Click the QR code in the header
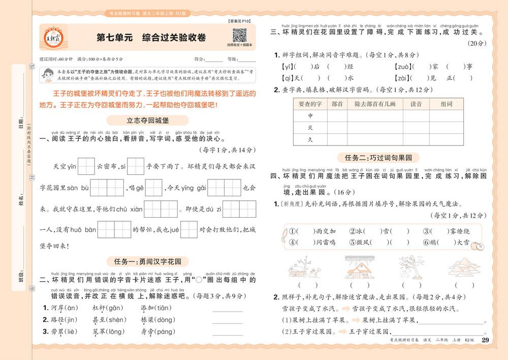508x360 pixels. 239,36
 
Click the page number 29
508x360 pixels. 485,340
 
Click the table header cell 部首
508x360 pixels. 337,104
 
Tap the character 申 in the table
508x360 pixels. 310,116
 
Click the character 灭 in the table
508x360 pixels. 310,127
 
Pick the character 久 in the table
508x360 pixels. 310,139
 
